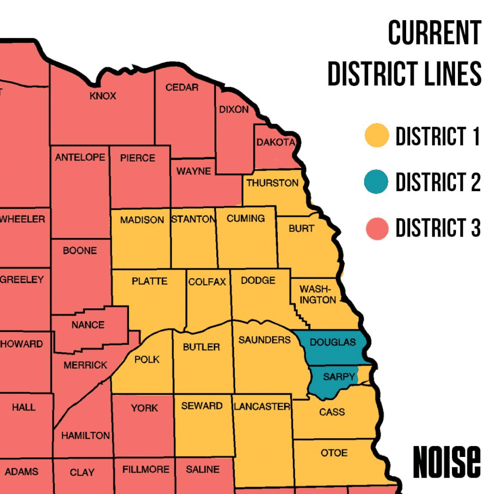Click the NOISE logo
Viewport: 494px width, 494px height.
point(447,462)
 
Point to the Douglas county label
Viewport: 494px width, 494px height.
point(332,342)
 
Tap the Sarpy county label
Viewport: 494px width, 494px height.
point(339,377)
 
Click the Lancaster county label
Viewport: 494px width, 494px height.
point(262,407)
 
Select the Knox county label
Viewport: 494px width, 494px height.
point(103,96)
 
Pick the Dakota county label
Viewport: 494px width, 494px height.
point(275,142)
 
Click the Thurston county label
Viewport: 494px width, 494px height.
point(272,183)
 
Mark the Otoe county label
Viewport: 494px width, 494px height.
point(334,453)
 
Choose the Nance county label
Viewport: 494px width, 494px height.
point(88,325)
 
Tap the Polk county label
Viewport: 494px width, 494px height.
point(147,359)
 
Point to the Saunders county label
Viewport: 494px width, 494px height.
point(264,340)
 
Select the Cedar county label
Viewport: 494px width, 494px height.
point(182,87)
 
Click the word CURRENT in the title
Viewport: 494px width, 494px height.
point(434,34)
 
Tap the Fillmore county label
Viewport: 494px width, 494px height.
point(146,469)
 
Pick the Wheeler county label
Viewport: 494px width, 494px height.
point(23,218)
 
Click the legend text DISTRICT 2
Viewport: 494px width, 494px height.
point(438,182)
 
